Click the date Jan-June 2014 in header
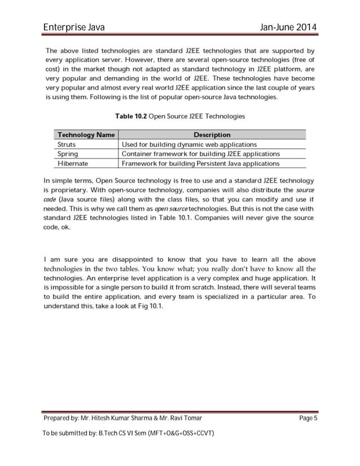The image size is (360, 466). (287, 28)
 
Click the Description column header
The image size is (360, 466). (212, 135)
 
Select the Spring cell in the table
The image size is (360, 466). (68, 154)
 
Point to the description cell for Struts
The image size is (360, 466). (189, 144)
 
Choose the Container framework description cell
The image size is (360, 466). (200, 154)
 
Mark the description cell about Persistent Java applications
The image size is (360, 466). (200, 164)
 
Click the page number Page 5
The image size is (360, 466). (306, 419)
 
